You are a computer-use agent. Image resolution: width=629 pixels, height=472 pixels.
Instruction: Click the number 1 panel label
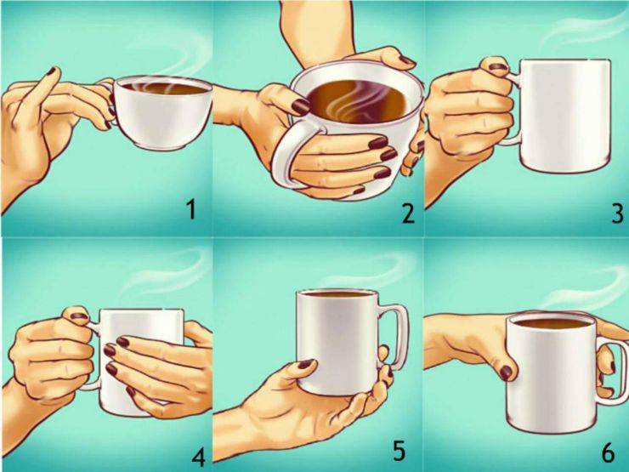[x=192, y=210]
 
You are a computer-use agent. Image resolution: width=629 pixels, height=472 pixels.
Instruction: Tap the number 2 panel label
[x=408, y=213]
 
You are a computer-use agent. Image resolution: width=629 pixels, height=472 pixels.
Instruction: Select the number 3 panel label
[x=618, y=213]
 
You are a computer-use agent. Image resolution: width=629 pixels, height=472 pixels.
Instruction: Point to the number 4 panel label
[x=199, y=458]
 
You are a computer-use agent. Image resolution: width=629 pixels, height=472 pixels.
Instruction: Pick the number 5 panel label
[x=399, y=451]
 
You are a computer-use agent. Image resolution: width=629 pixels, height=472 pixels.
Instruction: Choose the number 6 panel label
[x=608, y=453]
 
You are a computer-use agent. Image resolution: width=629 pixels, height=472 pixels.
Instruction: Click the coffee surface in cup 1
[x=164, y=88]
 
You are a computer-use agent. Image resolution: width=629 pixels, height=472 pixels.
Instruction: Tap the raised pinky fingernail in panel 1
[x=51, y=71]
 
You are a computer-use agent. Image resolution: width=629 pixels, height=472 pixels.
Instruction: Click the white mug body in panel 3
[x=565, y=116]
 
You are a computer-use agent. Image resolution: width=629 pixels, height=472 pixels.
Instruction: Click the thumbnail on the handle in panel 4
[x=79, y=316]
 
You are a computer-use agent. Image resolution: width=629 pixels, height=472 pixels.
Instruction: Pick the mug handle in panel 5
[x=395, y=333]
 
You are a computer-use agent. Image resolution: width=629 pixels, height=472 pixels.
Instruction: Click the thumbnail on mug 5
[x=305, y=364]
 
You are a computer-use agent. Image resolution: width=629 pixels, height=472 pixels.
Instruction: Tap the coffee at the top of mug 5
[x=337, y=294]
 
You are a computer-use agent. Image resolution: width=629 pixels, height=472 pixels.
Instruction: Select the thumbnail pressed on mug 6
[x=507, y=372]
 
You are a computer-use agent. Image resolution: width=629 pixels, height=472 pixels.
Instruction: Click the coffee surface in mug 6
[x=552, y=323]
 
